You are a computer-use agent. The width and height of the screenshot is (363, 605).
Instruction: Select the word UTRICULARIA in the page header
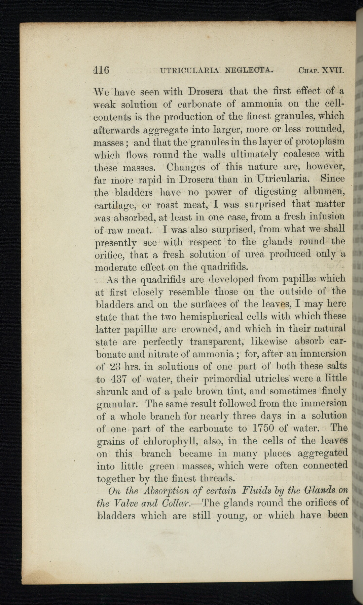tap(190, 70)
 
